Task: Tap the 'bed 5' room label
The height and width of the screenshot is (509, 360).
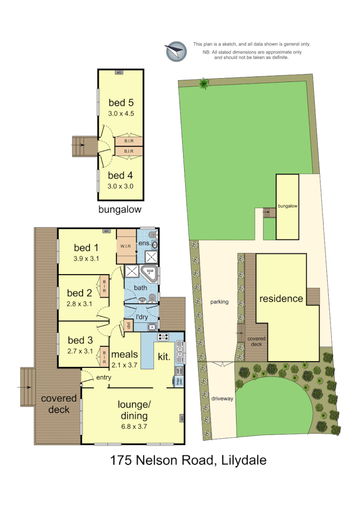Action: tap(121, 102)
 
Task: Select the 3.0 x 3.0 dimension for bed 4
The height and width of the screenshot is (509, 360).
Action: tap(121, 186)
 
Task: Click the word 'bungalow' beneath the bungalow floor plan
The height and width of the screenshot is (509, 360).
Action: tap(120, 209)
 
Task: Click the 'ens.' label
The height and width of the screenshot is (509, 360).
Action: tap(145, 243)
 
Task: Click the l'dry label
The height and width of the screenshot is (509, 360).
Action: tap(141, 317)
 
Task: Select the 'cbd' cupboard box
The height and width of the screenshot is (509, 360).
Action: tap(128, 326)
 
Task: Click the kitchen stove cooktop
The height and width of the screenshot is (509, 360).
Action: tap(163, 337)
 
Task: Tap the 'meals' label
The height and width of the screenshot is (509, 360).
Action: tap(124, 354)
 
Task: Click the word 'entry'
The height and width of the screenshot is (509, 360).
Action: tap(103, 378)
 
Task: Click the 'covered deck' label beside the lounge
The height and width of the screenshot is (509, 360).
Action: tap(59, 404)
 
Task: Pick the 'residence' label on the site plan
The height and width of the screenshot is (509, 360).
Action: tap(281, 299)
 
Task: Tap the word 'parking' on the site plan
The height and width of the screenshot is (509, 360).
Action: tap(219, 302)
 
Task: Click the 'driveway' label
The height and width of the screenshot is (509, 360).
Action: tap(222, 399)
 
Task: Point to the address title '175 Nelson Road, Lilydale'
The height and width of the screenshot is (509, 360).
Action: tap(188, 461)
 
